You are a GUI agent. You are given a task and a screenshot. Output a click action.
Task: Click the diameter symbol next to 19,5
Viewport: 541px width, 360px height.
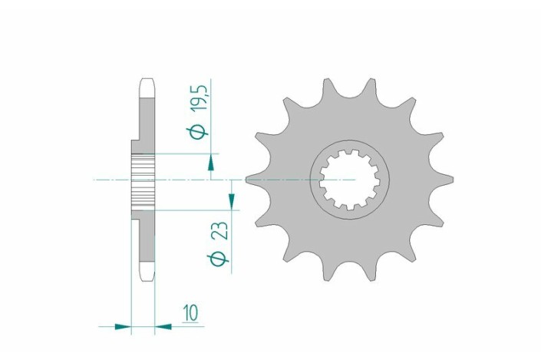point(197,134)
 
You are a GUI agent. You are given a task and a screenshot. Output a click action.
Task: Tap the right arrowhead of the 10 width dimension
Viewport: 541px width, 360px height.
point(163,327)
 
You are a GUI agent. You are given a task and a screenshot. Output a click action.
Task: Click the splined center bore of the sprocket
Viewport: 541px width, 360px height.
point(349,180)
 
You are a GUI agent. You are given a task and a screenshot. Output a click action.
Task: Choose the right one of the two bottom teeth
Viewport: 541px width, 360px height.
point(371,273)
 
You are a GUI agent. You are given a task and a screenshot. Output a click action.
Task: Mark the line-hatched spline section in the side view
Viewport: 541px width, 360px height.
point(143,180)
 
